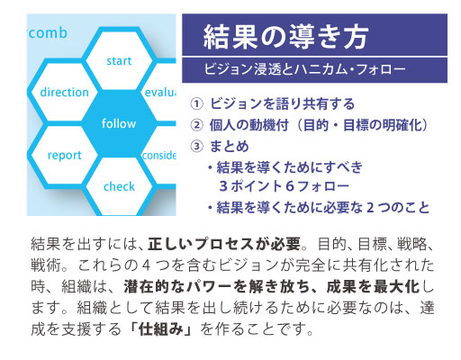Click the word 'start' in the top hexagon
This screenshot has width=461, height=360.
pyautogui.click(x=119, y=61)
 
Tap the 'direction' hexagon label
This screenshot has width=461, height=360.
pyautogui.click(x=64, y=92)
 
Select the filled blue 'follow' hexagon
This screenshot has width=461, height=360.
pyautogui.click(x=119, y=123)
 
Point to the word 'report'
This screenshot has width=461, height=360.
pyautogui.click(x=65, y=156)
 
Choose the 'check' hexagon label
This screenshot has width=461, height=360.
pyautogui.click(x=119, y=186)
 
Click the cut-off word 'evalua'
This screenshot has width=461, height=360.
pyautogui.click(x=160, y=92)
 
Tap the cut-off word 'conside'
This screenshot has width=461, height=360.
pyautogui.click(x=159, y=155)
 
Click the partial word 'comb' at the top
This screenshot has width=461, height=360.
pyautogui.click(x=48, y=32)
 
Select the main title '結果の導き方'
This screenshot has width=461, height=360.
pyautogui.click(x=285, y=37)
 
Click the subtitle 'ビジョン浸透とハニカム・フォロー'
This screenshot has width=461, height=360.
pyautogui.click(x=304, y=69)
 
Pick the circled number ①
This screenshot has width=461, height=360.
pyautogui.click(x=197, y=103)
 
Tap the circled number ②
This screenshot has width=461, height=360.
pyautogui.click(x=197, y=125)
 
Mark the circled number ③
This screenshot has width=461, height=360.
pyautogui.click(x=197, y=147)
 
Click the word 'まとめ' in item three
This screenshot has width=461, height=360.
pyautogui.click(x=230, y=147)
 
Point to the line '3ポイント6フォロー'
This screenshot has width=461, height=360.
pyautogui.click(x=284, y=186)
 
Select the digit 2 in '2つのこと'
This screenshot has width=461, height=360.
pyautogui.click(x=370, y=207)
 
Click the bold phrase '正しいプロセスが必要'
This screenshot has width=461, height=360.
pyautogui.click(x=224, y=244)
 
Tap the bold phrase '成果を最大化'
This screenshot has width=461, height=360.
pyautogui.click(x=373, y=286)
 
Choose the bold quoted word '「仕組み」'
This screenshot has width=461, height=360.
pyautogui.click(x=161, y=329)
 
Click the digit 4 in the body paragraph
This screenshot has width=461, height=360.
pyautogui.click(x=146, y=265)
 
